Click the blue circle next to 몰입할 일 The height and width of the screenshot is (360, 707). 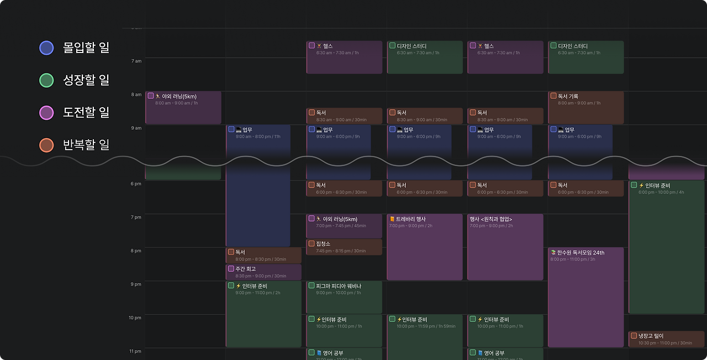click(x=46, y=48)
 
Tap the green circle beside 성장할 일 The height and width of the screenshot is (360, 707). click(x=46, y=81)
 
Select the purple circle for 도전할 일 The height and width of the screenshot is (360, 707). click(x=46, y=113)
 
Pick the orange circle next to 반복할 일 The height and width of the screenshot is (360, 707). click(x=46, y=145)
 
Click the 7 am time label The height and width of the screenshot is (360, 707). click(x=136, y=61)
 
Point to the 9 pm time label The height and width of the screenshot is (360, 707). click(x=136, y=284)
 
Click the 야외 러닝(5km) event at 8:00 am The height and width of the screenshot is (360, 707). click(x=183, y=107)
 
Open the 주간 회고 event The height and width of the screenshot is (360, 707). click(x=263, y=272)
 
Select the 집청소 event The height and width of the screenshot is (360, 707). click(x=344, y=247)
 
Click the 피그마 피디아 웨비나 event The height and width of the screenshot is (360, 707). click(x=344, y=297)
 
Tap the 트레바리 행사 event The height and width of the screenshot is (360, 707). click(x=424, y=247)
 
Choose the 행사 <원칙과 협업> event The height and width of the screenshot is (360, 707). click(x=505, y=247)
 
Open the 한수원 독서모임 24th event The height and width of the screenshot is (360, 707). click(x=585, y=297)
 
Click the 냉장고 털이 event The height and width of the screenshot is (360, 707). click(x=666, y=338)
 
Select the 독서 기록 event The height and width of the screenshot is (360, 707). click(x=585, y=107)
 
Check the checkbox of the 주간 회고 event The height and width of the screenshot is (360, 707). click(x=231, y=269)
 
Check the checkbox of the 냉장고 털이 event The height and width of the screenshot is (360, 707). click(x=634, y=336)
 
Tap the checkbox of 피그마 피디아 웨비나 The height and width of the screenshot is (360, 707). click(x=312, y=285)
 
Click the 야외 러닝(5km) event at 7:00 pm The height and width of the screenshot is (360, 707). click(x=344, y=226)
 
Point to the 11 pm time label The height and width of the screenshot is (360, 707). click(x=136, y=351)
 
